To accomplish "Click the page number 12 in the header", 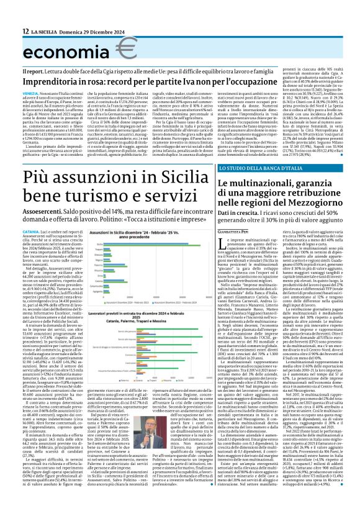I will coord(8,31).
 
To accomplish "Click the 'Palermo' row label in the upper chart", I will coord(98,265).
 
